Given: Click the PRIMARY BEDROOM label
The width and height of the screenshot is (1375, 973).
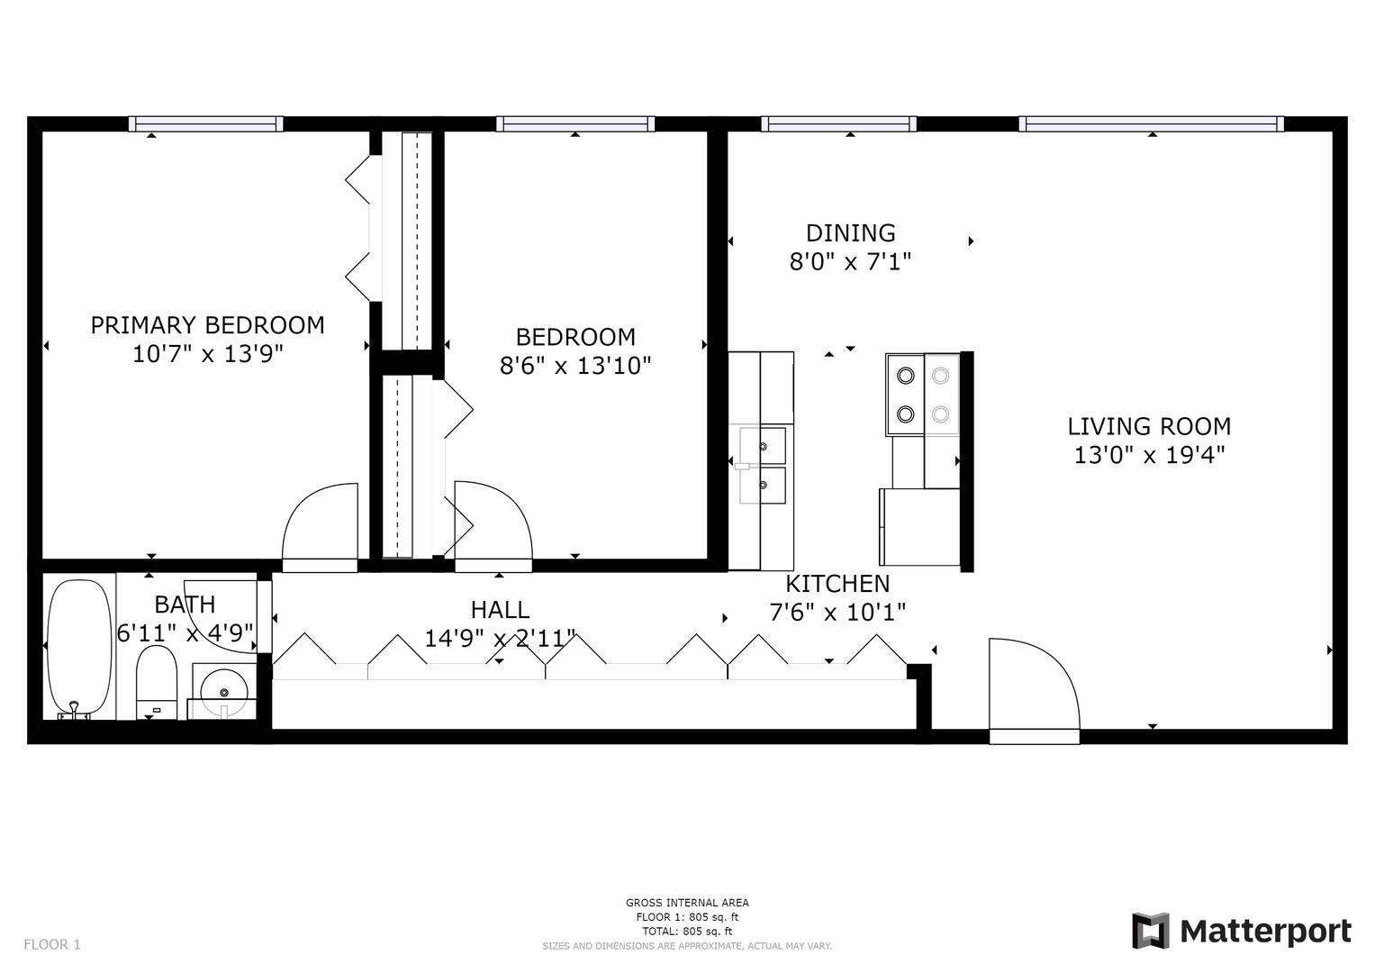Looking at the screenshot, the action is click(207, 325).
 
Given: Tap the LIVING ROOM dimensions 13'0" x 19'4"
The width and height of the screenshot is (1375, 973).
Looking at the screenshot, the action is click(1149, 455).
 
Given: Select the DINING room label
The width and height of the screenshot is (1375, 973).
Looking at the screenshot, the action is click(850, 232).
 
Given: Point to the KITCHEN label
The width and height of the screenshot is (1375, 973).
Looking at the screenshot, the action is click(837, 583).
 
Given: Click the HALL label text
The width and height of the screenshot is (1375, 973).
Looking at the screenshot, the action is click(500, 609).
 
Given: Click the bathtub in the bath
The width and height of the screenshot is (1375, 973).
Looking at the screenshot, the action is click(80, 649).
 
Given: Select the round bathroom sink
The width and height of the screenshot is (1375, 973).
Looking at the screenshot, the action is click(224, 692).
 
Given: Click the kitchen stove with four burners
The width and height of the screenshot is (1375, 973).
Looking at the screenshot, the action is click(923, 395).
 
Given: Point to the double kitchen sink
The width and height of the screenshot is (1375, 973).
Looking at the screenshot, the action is click(763, 466).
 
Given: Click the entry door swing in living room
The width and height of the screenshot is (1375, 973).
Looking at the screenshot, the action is click(1035, 691).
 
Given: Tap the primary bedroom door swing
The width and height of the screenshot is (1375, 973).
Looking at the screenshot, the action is click(320, 528).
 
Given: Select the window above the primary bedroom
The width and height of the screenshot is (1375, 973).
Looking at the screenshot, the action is click(206, 124).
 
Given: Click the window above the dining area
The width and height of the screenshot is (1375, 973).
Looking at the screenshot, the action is click(838, 124).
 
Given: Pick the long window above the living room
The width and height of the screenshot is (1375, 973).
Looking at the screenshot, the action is click(1152, 124).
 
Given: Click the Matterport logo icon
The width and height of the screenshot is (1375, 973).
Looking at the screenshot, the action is click(1151, 932).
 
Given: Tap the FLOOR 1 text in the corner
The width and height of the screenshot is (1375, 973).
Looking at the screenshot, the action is click(52, 945).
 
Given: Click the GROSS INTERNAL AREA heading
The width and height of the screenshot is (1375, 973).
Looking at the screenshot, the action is click(687, 903).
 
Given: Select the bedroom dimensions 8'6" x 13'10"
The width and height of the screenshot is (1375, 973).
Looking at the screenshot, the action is click(575, 366).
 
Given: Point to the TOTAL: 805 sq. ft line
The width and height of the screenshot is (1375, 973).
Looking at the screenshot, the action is click(687, 932).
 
